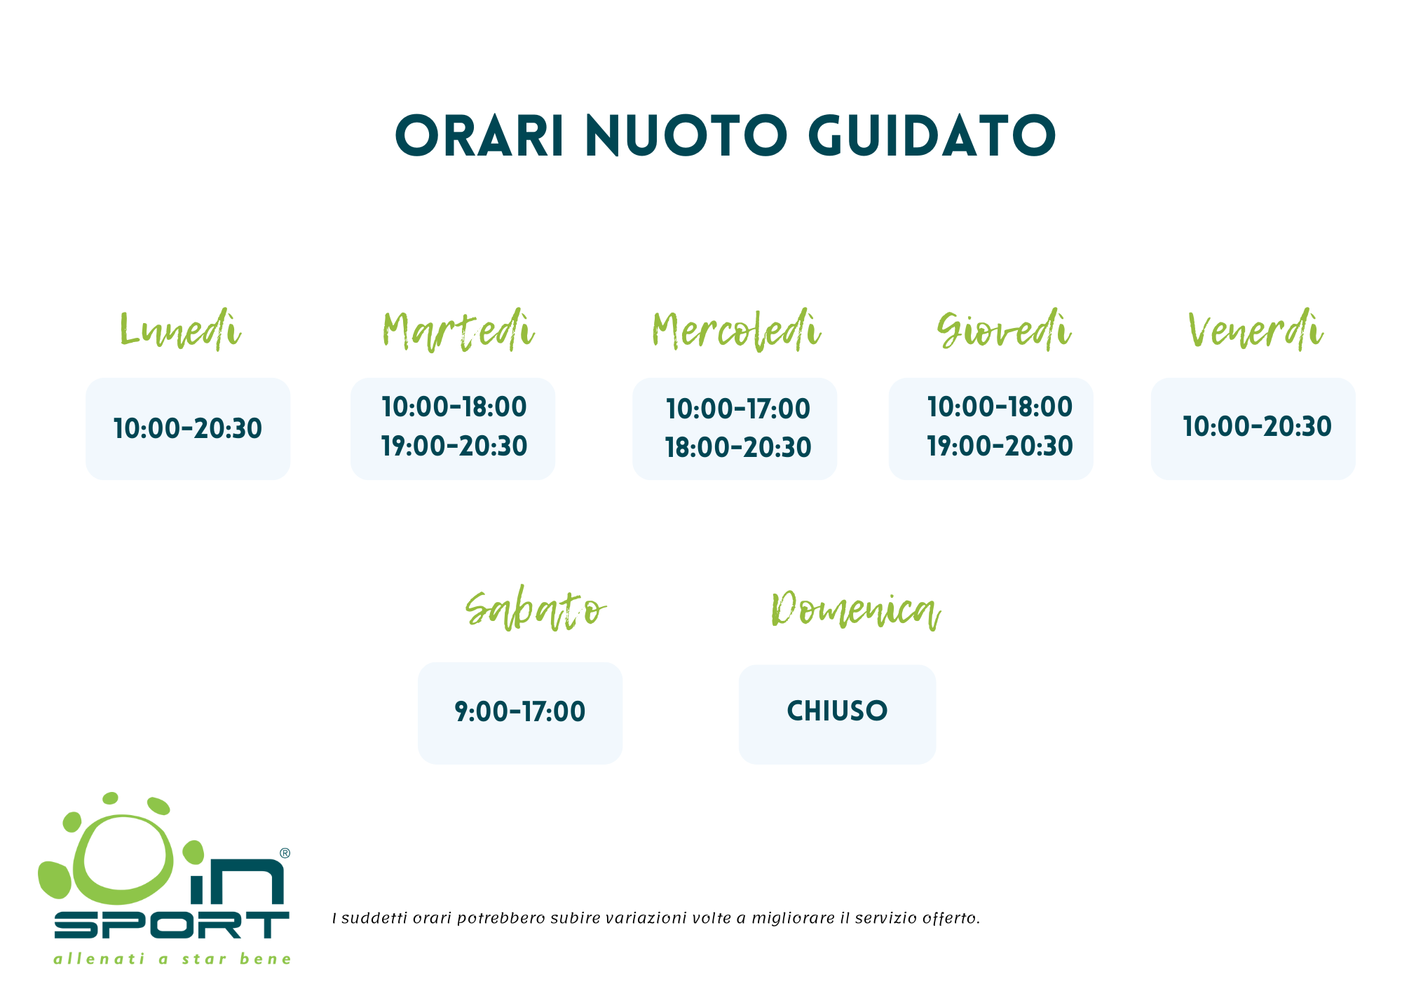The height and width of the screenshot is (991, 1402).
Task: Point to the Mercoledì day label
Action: tap(736, 329)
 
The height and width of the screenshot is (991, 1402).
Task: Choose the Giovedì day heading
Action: tap(1004, 329)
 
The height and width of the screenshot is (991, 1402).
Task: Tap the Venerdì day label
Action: tap(1255, 329)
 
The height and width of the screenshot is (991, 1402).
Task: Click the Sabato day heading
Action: tap(536, 610)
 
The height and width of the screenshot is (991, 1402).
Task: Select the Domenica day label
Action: tap(855, 610)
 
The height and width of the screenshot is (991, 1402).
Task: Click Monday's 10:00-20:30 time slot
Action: tap(188, 428)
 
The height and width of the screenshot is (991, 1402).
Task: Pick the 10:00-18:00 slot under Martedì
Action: tap(454, 406)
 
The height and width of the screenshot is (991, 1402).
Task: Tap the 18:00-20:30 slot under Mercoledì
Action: tap(738, 447)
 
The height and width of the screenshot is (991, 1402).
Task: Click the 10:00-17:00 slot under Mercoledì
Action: tap(738, 409)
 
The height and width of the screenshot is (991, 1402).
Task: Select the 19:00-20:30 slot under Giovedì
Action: tap(1000, 446)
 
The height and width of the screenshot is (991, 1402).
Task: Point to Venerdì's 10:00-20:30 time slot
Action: tap(1258, 426)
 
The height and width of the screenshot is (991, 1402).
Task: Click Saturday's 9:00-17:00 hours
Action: tap(520, 711)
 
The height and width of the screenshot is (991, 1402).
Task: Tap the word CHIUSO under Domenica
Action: tap(837, 711)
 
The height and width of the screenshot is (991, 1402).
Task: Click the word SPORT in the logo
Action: tap(172, 925)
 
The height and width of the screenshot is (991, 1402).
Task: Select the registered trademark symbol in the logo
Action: tap(285, 853)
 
